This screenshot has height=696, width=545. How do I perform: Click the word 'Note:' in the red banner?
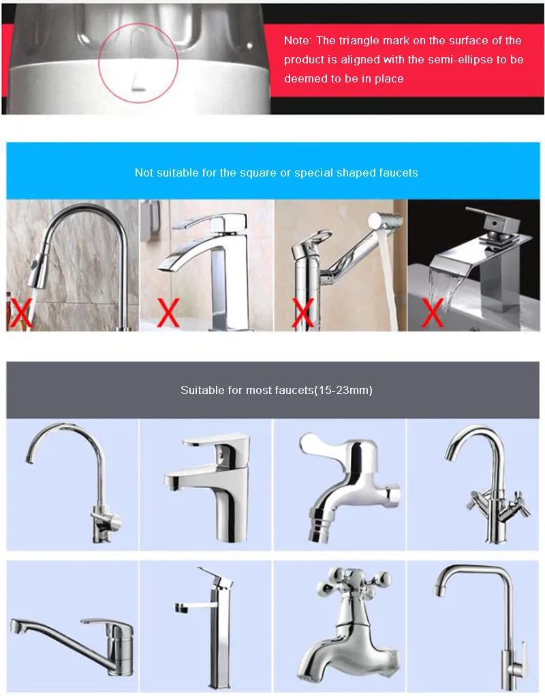[298, 41]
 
